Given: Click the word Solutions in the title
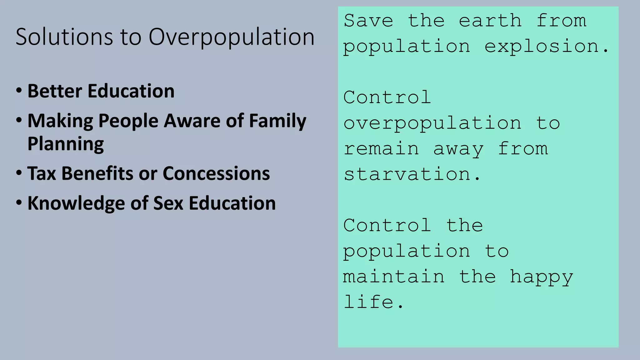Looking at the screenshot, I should click(x=64, y=37).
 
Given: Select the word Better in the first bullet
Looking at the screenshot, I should click(x=55, y=91).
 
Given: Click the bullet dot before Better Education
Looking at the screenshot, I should click(x=19, y=91).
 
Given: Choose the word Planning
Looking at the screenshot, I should click(x=66, y=144).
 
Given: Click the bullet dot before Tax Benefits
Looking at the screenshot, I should click(x=19, y=173).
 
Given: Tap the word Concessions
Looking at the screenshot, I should click(x=216, y=173).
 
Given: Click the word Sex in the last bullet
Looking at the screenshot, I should click(x=168, y=203).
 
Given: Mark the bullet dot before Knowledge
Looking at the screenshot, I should click(x=19, y=203).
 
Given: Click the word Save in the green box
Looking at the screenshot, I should click(x=368, y=21).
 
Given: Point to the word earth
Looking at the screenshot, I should click(x=490, y=21).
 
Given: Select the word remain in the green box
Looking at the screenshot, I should click(x=381, y=149).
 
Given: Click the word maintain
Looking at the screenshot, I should click(x=394, y=277).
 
